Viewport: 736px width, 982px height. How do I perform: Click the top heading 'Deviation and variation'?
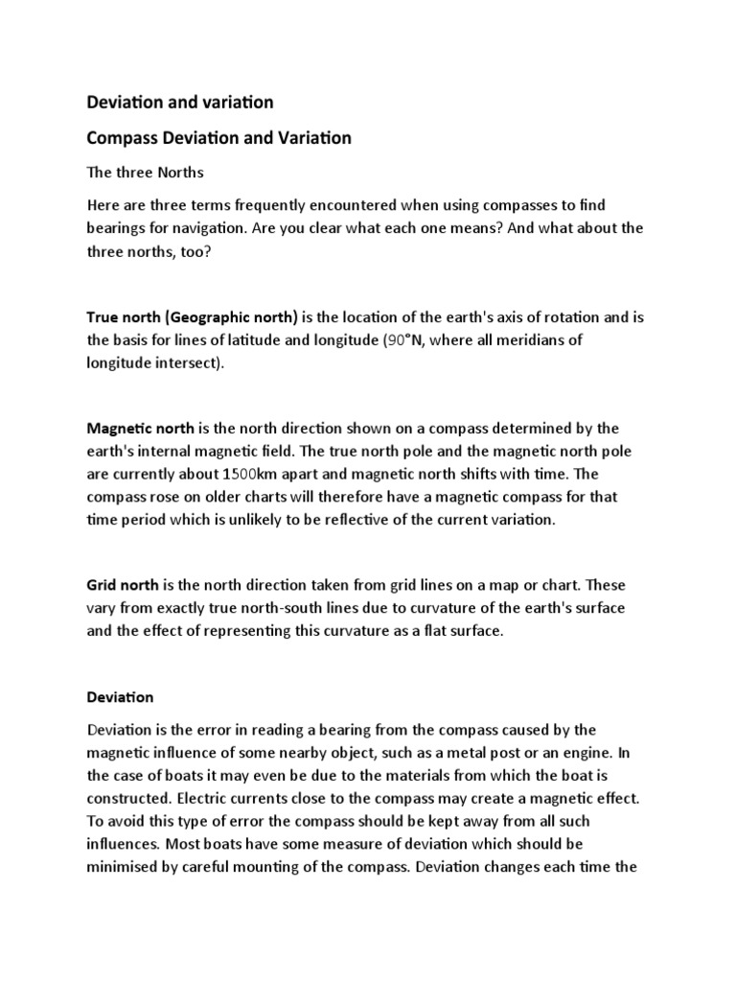[x=180, y=101]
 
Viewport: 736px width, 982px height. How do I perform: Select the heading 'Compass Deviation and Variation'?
[x=218, y=138]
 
